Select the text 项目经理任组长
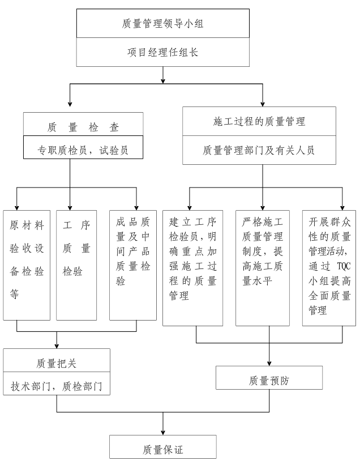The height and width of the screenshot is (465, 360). point(162,53)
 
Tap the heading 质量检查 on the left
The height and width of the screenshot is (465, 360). point(83,127)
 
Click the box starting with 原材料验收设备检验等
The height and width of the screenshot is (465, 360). point(27,265)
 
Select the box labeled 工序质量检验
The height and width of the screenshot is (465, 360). point(76,265)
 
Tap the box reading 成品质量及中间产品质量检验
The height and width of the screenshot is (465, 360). point(133,265)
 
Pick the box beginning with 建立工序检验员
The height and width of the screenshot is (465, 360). point(193,267)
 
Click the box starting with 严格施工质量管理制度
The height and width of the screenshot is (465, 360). point(263,267)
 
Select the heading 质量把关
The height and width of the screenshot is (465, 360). point(57,362)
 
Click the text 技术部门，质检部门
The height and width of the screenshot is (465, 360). point(57,387)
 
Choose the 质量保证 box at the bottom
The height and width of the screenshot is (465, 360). point(163,450)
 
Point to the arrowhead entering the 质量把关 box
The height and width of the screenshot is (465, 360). point(57,345)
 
